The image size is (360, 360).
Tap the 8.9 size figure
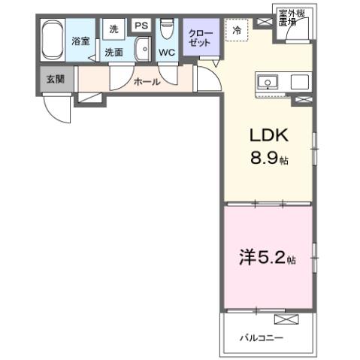pyautogui.click(x=268, y=159)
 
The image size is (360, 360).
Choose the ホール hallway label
pyautogui.click(x=147, y=82)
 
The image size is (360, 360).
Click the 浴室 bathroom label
pyautogui.click(x=80, y=41)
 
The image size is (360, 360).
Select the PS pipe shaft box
pyautogui.click(x=141, y=26)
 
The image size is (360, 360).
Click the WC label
pyautogui.click(x=167, y=53)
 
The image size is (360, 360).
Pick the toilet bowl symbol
pyautogui.click(x=168, y=31)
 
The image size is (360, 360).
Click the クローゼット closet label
pyautogui.click(x=201, y=39)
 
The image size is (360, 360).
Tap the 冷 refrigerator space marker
pyautogui.click(x=237, y=32)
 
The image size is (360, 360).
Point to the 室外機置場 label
pyautogui.click(x=286, y=17)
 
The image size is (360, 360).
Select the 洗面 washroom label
pyautogui.click(x=113, y=53)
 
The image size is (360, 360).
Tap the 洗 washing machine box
pyautogui.click(x=113, y=29)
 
